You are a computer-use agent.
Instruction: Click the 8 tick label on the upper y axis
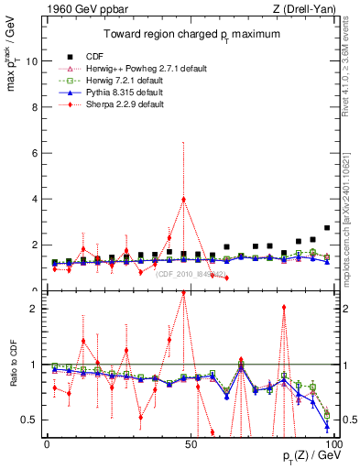click(x=35, y=107)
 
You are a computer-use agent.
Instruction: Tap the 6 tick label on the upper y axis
click(x=35, y=153)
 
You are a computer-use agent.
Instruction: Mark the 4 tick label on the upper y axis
click(x=35, y=199)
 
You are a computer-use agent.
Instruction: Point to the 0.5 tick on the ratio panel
click(x=30, y=420)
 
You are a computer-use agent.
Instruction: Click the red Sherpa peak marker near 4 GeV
click(x=184, y=199)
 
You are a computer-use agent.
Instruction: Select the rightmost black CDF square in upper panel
click(x=327, y=228)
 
